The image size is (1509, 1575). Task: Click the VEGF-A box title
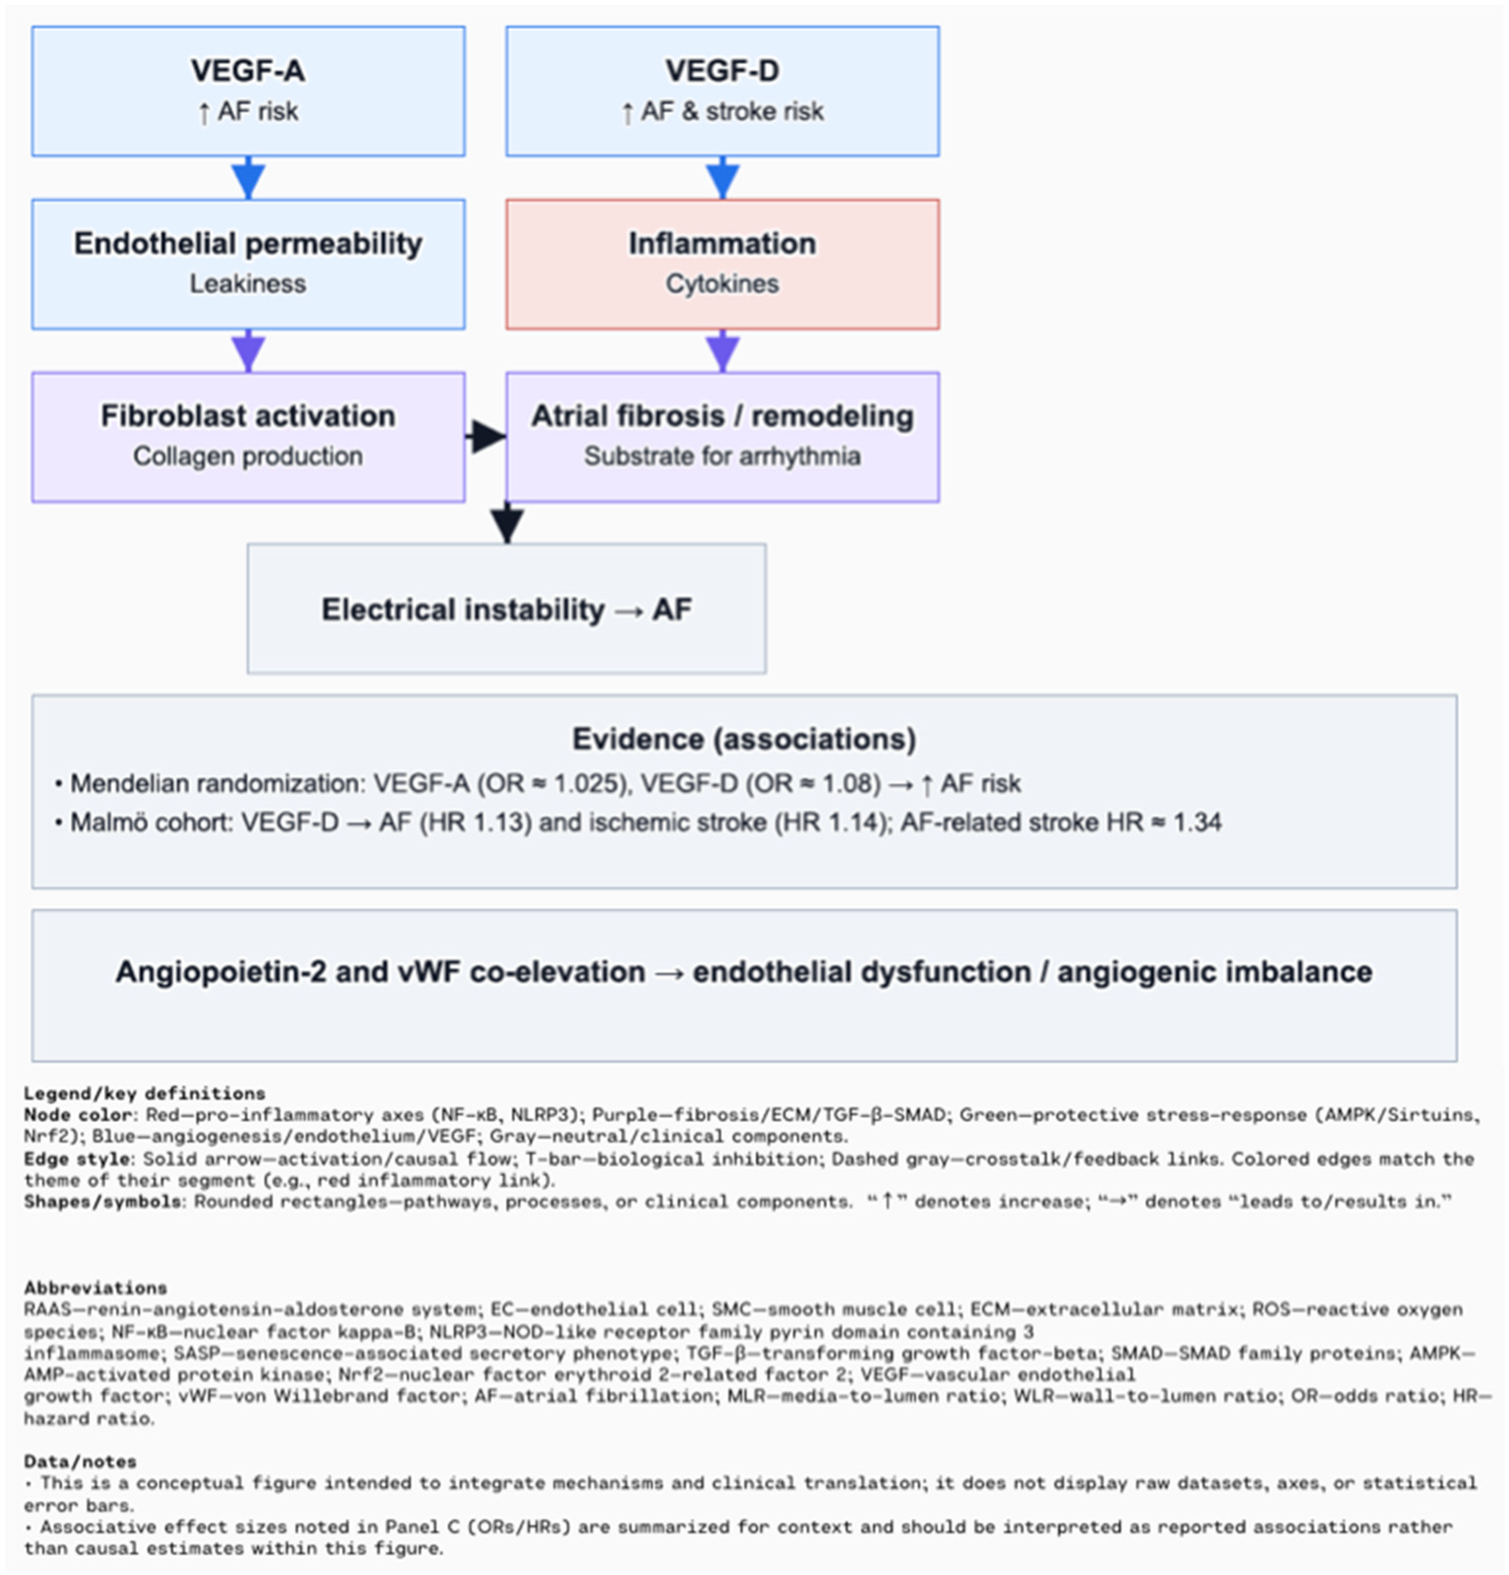[x=248, y=71]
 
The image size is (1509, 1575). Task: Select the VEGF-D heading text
[x=722, y=71]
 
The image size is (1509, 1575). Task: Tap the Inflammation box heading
[x=722, y=243]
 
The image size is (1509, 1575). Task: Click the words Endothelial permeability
[x=248, y=243]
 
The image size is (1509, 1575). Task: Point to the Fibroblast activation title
[x=248, y=416]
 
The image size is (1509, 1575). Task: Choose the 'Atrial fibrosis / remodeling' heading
[x=722, y=416]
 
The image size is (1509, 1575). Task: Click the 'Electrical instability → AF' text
[x=506, y=609]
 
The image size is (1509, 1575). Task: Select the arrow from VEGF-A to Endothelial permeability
[x=249, y=178]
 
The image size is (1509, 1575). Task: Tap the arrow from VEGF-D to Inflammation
[x=723, y=178]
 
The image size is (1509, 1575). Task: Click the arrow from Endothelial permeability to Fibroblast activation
[x=249, y=351]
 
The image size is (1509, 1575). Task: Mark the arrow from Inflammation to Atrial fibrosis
[x=723, y=351]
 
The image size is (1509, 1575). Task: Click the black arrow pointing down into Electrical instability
[x=507, y=524]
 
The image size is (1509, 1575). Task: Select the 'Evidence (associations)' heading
[x=744, y=738]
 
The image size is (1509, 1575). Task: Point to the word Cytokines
[x=722, y=284]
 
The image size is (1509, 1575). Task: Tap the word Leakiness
[x=248, y=284]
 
